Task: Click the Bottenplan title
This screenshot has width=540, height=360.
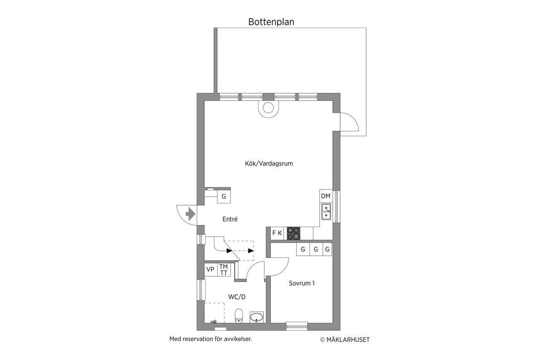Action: (x=271, y=22)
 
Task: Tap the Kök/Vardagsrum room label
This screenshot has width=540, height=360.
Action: (x=269, y=163)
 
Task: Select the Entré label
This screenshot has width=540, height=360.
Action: (x=230, y=219)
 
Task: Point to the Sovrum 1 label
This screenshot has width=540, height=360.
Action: (x=302, y=283)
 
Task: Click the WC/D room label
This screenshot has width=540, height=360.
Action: (x=237, y=297)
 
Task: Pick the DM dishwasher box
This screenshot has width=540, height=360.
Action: (x=326, y=196)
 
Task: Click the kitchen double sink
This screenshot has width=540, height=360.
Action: (x=326, y=212)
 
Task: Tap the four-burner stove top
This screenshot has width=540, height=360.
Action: (x=293, y=233)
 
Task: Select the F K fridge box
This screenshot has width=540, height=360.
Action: (x=277, y=233)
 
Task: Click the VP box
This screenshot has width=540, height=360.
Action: (x=211, y=269)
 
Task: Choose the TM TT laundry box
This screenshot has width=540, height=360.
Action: (x=224, y=270)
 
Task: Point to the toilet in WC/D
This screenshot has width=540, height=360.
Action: (x=239, y=316)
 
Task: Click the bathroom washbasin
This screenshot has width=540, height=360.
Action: (x=256, y=317)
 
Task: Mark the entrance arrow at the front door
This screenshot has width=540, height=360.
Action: (x=190, y=214)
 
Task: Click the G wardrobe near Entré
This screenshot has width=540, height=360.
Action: (x=224, y=197)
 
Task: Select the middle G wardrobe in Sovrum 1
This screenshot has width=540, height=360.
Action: (x=316, y=249)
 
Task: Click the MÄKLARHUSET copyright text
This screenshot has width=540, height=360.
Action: (x=345, y=340)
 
